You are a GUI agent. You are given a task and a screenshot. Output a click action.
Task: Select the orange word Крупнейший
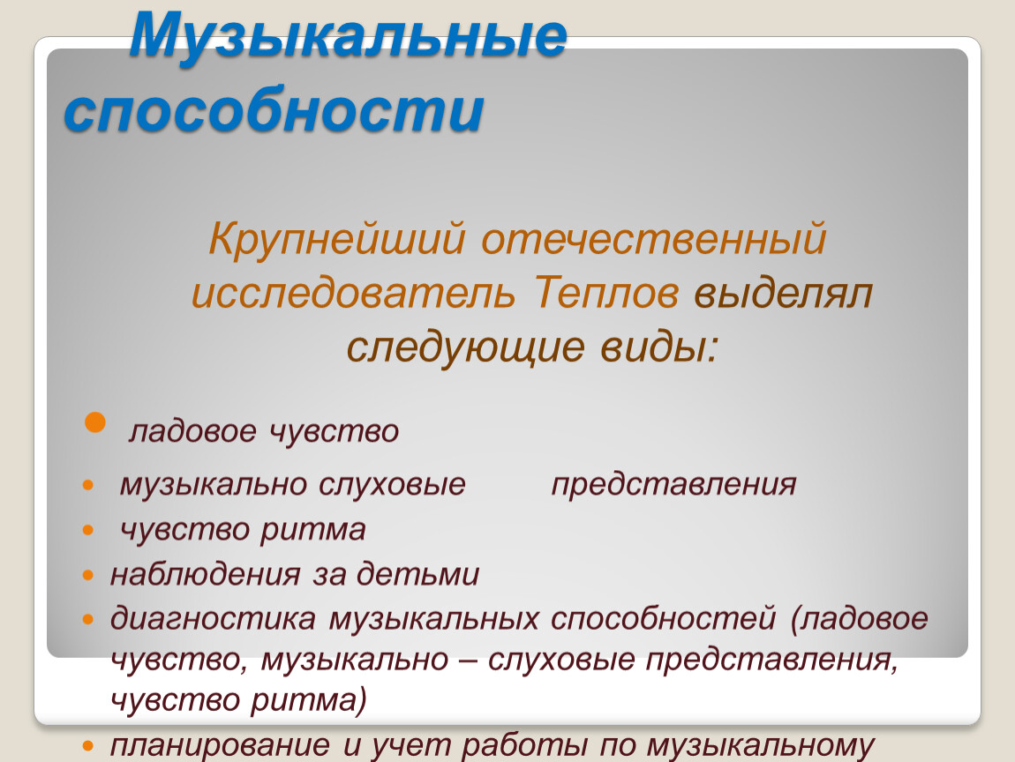[336, 239]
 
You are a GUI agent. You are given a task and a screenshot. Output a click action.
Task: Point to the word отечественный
[654, 239]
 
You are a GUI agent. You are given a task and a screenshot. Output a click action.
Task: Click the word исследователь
[353, 293]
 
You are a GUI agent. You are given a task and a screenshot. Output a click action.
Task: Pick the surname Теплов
[606, 293]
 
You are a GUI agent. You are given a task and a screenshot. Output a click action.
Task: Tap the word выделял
[783, 293]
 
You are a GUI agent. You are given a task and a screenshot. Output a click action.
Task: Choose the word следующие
[465, 347]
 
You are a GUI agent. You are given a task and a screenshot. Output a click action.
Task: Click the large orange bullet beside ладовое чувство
[95, 422]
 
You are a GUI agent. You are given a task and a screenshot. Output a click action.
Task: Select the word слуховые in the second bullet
[392, 484]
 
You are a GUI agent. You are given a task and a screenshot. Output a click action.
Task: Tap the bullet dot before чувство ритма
[88, 530]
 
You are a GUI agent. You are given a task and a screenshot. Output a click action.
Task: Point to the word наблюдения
[205, 574]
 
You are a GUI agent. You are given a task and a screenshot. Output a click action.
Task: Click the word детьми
[417, 574]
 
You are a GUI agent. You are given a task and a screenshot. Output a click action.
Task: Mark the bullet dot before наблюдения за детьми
[88, 575]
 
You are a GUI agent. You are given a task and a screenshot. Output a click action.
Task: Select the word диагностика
[213, 619]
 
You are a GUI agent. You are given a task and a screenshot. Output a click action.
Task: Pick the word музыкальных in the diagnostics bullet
[433, 619]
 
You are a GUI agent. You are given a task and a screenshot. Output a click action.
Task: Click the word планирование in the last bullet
[220, 746]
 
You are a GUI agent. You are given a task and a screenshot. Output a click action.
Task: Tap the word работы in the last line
[523, 746]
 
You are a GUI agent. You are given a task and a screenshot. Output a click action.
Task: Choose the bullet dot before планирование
[88, 746]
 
